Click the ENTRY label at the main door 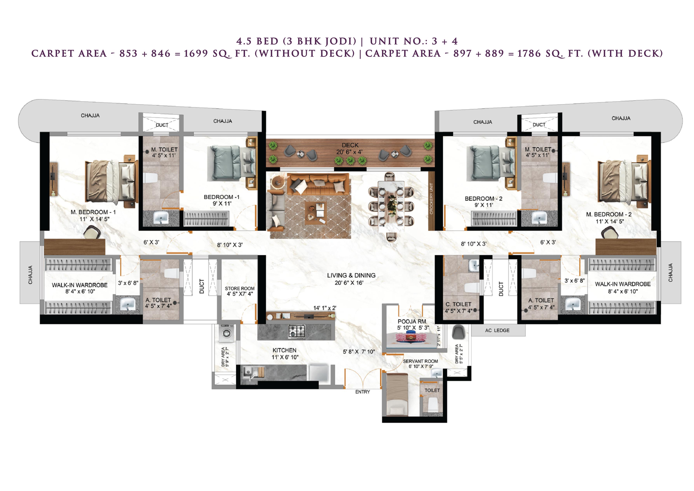(362, 392)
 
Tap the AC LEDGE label (497, 330)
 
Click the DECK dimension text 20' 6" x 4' (349, 152)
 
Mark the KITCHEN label (284, 350)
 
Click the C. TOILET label (459, 304)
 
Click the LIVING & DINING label (351, 275)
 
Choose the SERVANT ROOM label (420, 361)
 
